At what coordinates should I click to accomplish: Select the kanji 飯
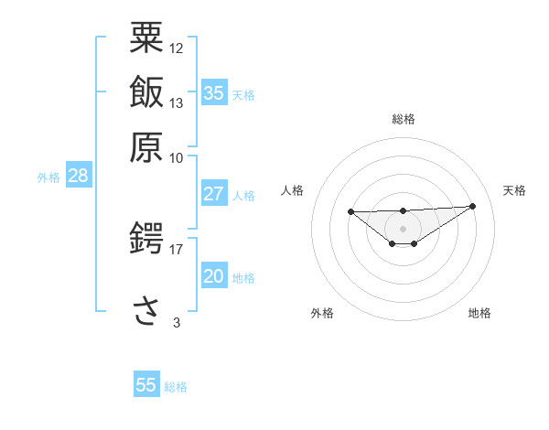pos(146,91)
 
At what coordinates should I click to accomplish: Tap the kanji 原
pos(146,145)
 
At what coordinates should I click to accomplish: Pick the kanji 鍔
pos(146,239)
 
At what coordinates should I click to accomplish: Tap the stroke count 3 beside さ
pos(177,321)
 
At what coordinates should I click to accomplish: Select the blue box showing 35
pos(214,93)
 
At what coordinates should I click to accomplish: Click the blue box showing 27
pos(214,194)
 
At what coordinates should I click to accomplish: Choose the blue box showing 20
pos(214,277)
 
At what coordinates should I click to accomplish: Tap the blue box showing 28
pos(78,177)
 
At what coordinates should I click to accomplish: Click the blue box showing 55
pos(146,385)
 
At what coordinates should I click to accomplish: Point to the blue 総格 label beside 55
pos(177,387)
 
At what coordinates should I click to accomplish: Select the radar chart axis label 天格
pos(514,190)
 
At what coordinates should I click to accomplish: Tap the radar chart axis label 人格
pos(293,190)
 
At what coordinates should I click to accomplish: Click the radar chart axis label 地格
pos(479,314)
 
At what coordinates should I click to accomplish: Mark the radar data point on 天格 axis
pos(472,206)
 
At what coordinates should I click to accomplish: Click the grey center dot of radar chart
pos(403,228)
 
